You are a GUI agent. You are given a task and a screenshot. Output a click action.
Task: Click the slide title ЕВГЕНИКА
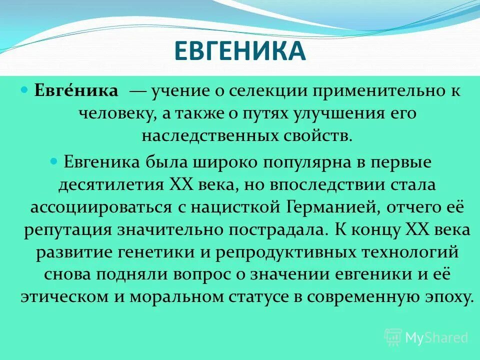[239, 51]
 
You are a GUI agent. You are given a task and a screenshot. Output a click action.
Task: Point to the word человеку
[116, 114]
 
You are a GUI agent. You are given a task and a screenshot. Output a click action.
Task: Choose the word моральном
[174, 297]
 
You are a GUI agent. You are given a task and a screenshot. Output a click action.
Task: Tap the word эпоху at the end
[446, 297]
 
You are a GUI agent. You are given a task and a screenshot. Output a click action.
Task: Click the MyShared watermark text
[436, 337]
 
